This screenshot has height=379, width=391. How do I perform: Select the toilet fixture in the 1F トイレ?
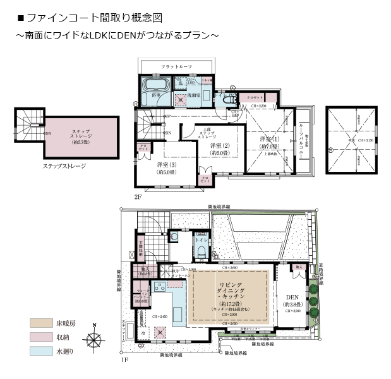(201, 253)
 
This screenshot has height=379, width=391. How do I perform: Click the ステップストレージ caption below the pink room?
(64, 166)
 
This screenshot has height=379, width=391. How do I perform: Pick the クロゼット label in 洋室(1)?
(255, 99)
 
